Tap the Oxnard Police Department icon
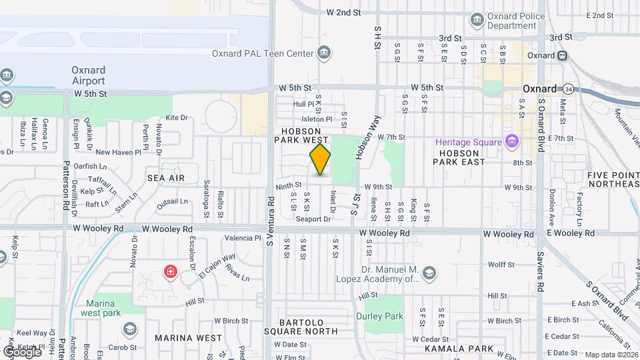point(477,19)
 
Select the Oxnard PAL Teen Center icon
point(324,53)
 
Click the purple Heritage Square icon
point(511,141)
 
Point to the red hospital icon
point(171,271)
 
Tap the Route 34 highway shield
point(568,88)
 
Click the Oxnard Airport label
point(89,75)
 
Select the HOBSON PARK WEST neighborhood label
point(301,136)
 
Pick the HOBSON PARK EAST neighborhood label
point(465,157)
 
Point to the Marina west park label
point(103,308)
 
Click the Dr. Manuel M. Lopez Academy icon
point(429,273)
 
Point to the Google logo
point(22,351)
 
